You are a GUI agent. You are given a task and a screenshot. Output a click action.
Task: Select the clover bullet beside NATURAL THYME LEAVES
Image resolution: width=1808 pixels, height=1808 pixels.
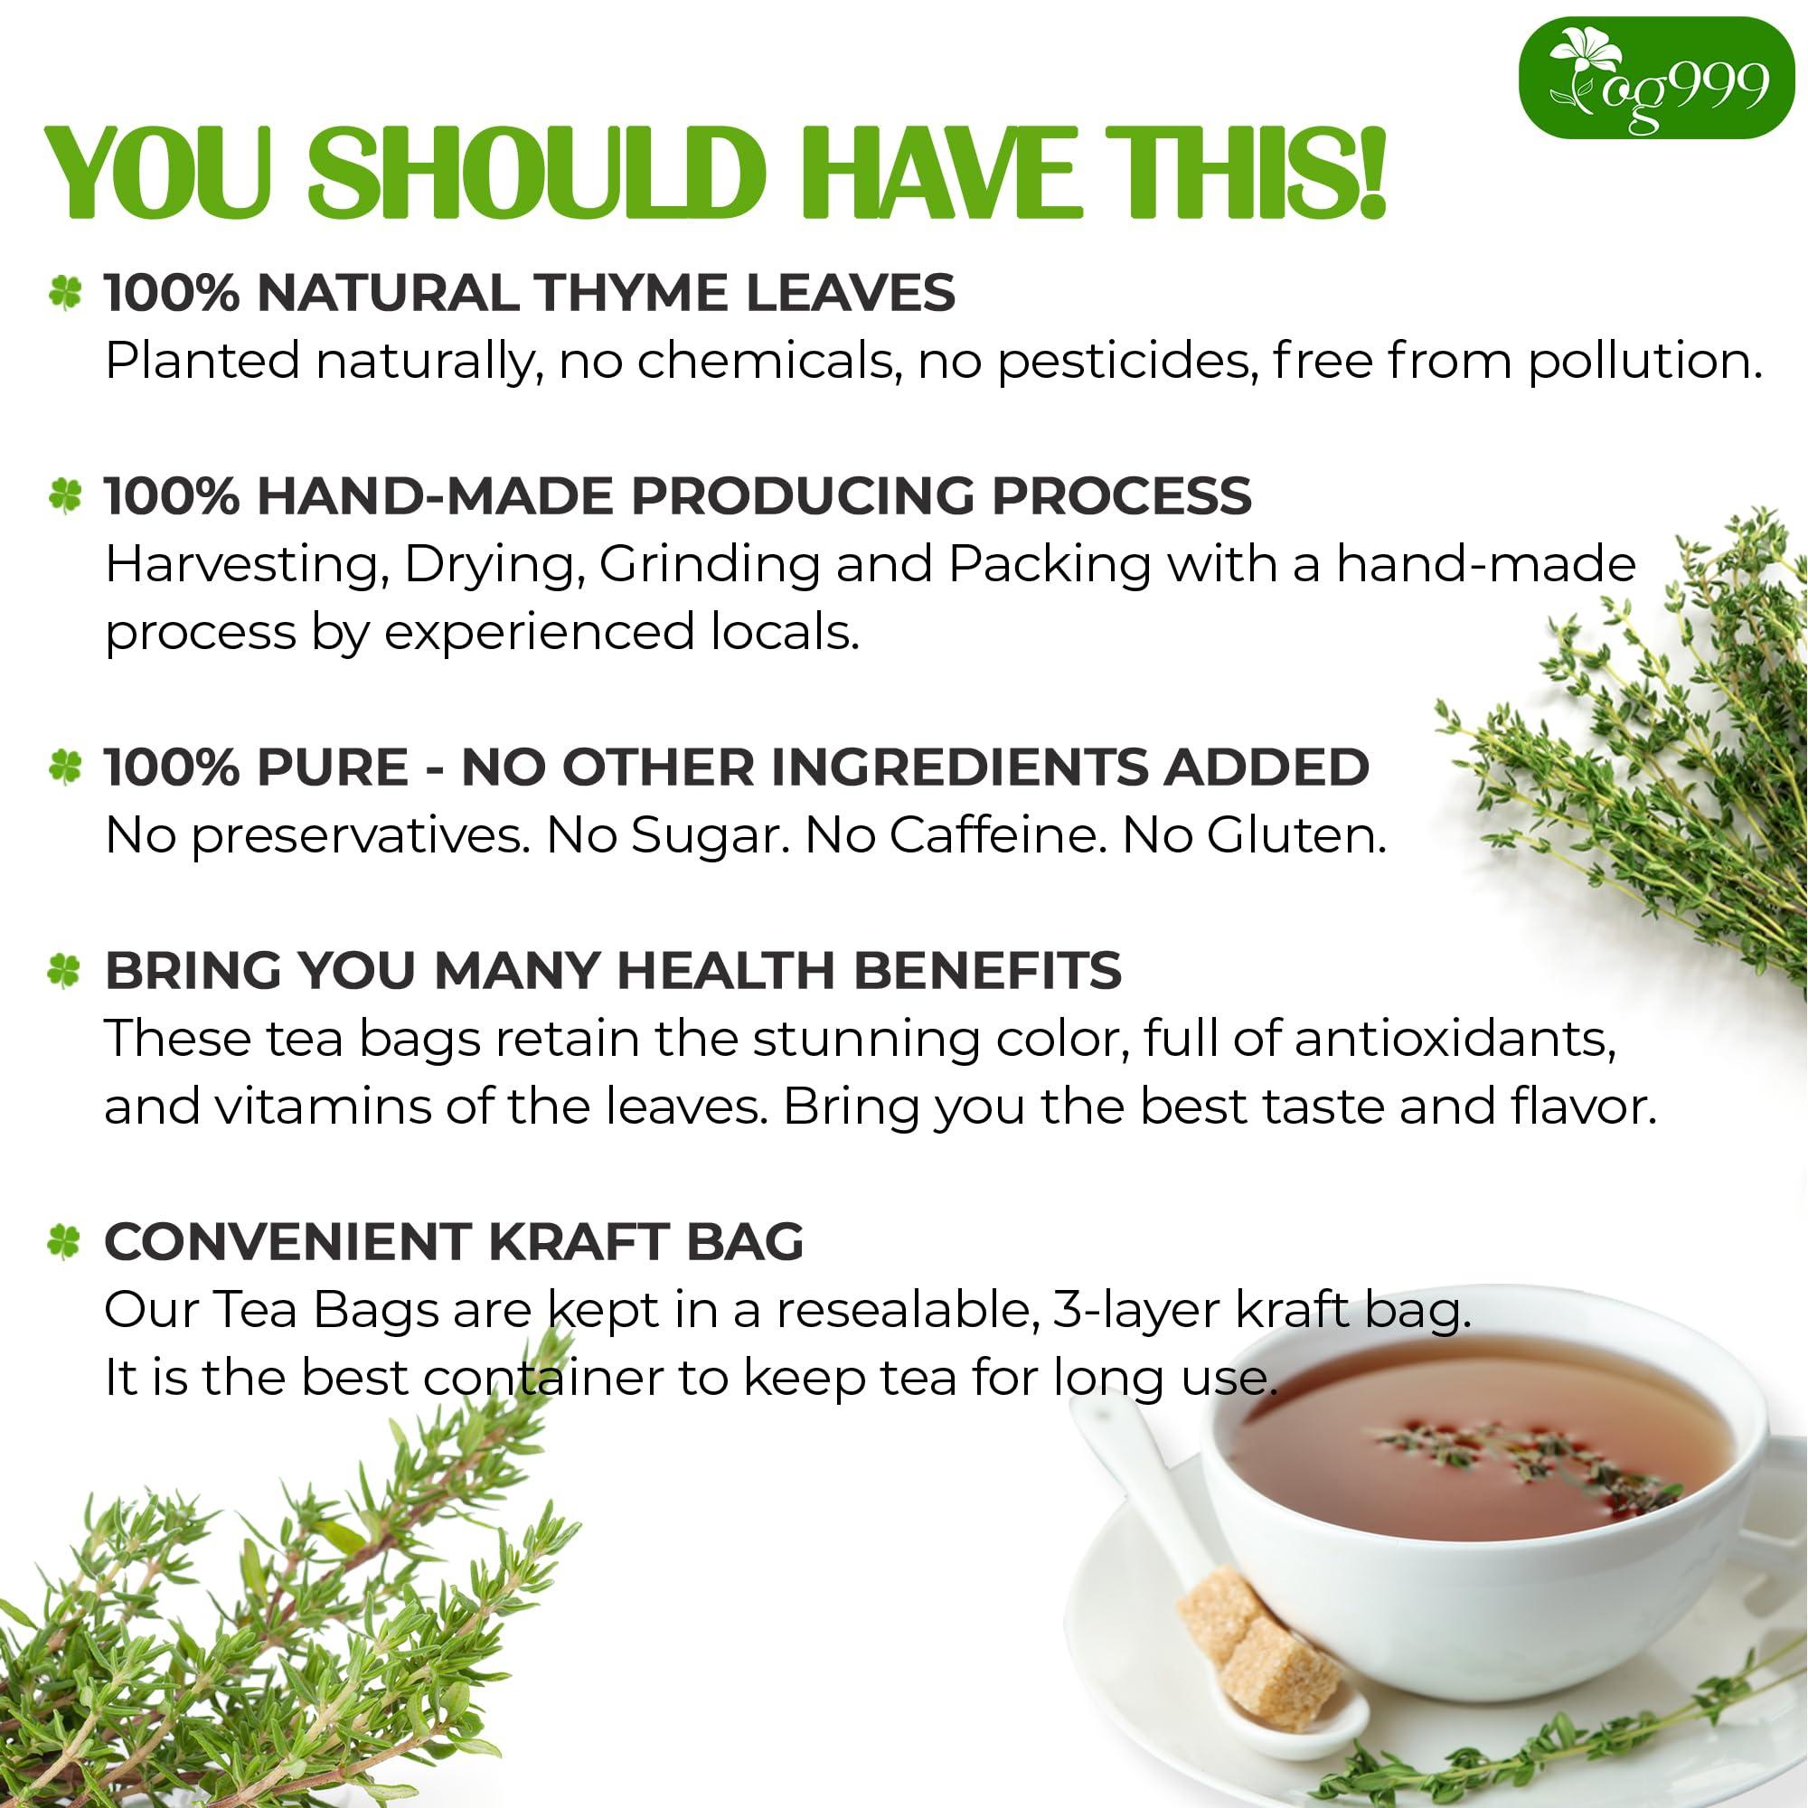[64, 294]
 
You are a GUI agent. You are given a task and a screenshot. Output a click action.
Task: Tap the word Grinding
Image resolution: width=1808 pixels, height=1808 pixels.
[710, 564]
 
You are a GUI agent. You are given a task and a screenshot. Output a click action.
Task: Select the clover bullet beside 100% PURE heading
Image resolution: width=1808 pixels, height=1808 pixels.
[64, 768]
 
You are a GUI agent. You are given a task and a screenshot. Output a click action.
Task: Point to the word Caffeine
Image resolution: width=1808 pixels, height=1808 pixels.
[992, 835]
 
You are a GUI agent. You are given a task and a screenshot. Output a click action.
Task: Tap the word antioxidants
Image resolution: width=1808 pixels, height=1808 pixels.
[1455, 1039]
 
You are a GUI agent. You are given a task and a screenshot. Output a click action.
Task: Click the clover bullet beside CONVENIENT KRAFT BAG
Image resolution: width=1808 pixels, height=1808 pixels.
[64, 1243]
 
